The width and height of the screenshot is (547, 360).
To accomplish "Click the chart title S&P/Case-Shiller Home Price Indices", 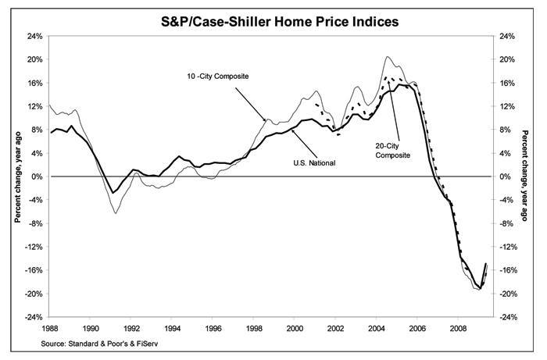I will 273,22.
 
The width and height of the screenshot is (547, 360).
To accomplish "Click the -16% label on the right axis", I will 509,270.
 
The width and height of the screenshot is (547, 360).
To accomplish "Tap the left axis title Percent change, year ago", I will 16,176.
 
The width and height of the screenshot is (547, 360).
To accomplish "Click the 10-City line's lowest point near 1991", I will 115,212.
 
